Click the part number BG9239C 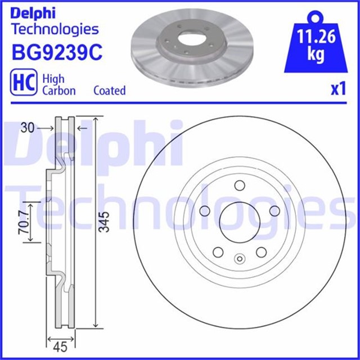tap(57, 52)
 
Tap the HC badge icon tap(24, 82)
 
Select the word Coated tap(110, 91)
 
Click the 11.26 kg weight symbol tap(316, 42)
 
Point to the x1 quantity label tap(339, 89)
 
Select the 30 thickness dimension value tap(28, 128)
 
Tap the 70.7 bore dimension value tap(24, 222)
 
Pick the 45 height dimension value tap(60, 346)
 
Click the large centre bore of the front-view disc tap(240, 222)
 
